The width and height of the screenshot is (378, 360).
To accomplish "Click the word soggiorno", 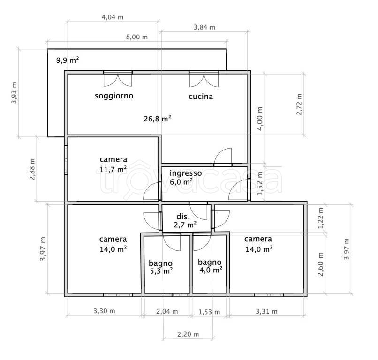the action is (114, 96).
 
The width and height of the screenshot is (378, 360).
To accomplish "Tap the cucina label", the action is (201, 97).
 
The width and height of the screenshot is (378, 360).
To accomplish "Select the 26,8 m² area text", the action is (158, 119).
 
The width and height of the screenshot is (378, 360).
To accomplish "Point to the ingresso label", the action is (186, 173).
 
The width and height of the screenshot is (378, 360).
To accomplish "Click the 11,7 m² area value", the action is (113, 169).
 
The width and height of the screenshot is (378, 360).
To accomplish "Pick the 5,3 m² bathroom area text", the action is (161, 271).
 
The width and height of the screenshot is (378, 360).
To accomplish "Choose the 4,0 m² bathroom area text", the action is (211, 270).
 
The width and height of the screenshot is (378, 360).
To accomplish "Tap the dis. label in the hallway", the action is (183, 217).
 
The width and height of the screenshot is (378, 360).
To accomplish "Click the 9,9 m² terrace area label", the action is (68, 60).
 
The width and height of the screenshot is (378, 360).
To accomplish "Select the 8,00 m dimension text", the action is (136, 37).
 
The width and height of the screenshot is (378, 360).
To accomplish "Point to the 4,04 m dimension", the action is (113, 17).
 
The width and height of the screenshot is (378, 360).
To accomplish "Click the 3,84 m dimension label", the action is (204, 27).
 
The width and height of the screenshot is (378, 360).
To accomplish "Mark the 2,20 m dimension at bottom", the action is (188, 334).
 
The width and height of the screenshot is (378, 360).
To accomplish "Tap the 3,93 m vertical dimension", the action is (14, 93).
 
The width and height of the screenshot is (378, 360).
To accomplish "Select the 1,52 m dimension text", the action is (260, 184).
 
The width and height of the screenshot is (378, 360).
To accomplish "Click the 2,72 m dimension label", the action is (299, 105).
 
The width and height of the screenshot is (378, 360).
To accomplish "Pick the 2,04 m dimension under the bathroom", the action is (167, 312).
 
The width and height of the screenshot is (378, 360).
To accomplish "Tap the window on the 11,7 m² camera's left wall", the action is (66, 159).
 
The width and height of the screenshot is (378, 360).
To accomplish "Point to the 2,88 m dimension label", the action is (32, 169).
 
